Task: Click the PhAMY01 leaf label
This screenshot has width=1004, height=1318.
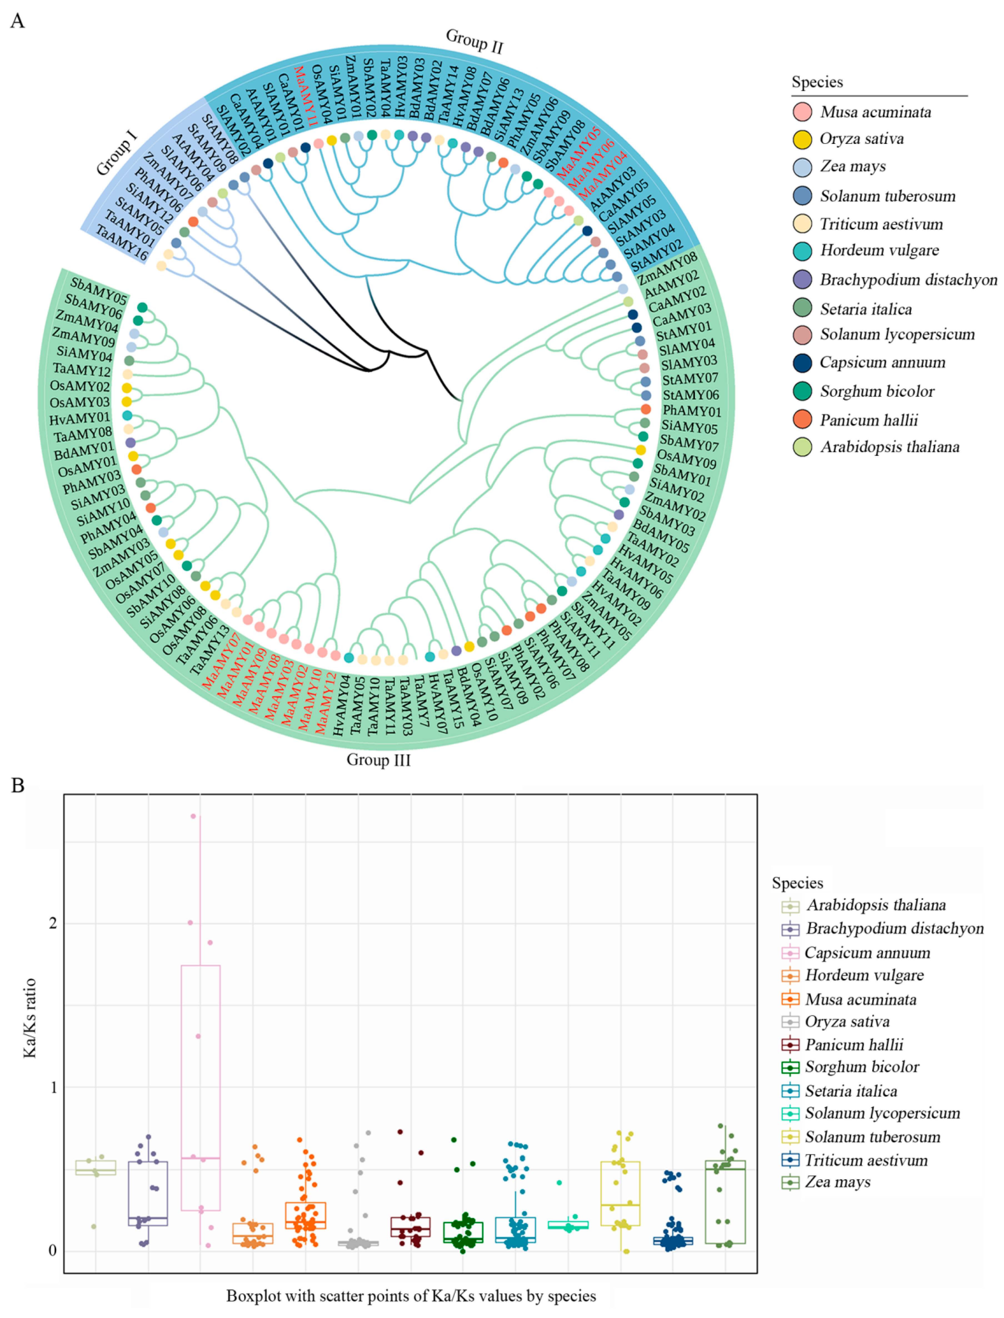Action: pos(691,411)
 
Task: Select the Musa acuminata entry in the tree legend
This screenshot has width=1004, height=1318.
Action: pos(875,112)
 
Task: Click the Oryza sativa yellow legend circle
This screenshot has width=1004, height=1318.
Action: pos(802,139)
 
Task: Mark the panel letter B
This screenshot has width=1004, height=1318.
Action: pos(18,785)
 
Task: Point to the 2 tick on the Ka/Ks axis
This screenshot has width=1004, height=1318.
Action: pos(53,923)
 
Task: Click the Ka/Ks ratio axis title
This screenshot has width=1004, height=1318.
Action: pos(30,1018)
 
